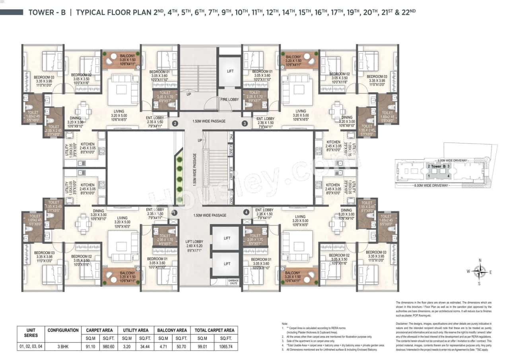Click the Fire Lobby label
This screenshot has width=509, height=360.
point(230,99)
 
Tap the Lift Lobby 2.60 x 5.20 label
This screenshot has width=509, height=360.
point(194,246)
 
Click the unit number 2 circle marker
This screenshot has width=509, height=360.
point(175,124)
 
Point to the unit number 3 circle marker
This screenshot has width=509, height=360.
point(244,124)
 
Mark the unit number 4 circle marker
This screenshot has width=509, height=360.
point(247,213)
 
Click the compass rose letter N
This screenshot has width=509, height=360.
point(480,261)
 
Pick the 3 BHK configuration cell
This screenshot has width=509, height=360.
point(63,346)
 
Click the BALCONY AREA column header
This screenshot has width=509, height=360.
point(172,330)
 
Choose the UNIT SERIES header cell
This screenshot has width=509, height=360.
point(31,333)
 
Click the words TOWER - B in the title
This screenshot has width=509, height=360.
point(46,12)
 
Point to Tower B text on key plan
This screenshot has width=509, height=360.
point(437,166)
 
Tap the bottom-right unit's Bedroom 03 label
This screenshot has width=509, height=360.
point(376,253)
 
